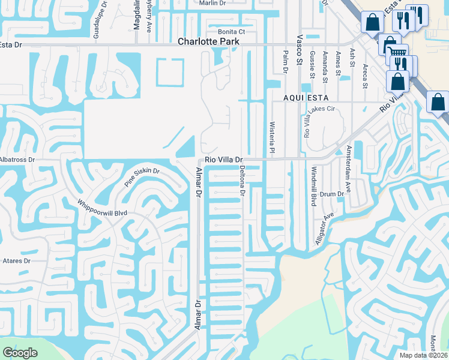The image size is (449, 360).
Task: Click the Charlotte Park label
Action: click(x=208, y=42)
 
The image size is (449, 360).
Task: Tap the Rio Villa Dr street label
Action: click(x=223, y=160)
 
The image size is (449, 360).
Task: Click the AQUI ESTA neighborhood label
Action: click(x=307, y=97)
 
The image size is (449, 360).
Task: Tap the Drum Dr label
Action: click(x=331, y=194)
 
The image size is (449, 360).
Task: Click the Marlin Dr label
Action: click(x=212, y=3)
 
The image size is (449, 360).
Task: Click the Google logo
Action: click(x=20, y=353)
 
